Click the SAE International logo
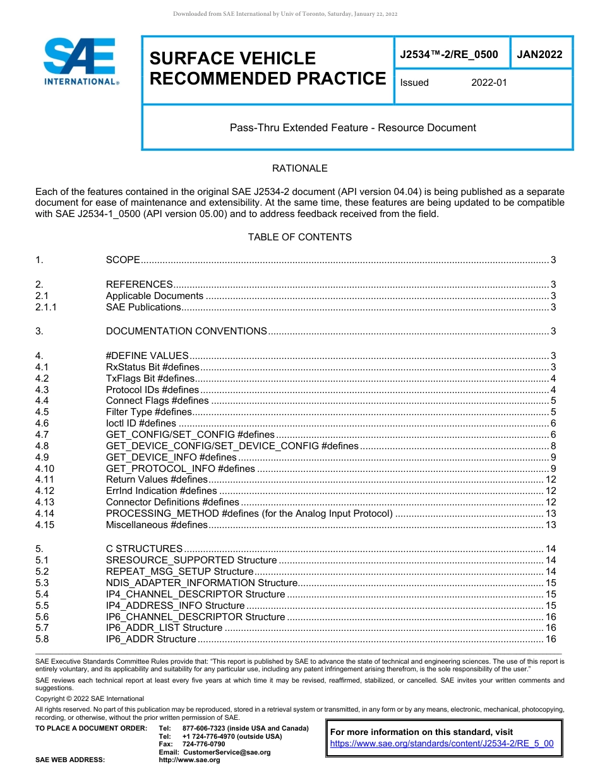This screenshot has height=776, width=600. click(80, 62)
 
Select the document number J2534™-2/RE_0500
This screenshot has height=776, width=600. click(449, 55)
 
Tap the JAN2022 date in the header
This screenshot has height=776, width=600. click(539, 55)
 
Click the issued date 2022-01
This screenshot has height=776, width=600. click(489, 83)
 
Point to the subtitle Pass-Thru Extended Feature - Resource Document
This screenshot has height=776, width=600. click(352, 127)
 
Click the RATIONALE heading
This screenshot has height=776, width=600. click(299, 168)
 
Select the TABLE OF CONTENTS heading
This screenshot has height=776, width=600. click(299, 237)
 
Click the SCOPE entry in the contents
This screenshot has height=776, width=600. click(123, 260)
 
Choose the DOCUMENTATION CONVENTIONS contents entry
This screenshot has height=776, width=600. click(186, 331)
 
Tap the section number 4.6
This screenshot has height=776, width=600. click(42, 423)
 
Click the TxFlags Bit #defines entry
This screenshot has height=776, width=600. click(150, 379)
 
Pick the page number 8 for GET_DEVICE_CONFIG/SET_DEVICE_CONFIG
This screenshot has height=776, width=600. click(553, 446)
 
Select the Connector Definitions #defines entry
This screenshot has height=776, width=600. click(172, 502)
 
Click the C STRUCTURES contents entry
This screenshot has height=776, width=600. click(144, 549)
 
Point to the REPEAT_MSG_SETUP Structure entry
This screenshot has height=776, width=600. click(179, 572)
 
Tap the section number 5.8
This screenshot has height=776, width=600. click(42, 639)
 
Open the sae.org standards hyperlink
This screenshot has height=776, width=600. click(441, 743)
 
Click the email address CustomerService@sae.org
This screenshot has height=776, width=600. click(226, 752)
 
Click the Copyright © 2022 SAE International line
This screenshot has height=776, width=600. click(90, 698)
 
